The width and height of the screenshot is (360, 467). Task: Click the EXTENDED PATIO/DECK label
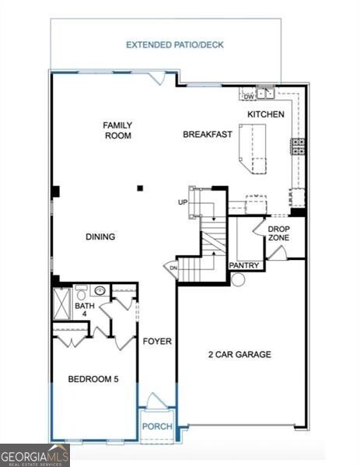(175, 45)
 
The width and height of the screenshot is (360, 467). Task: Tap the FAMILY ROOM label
(118, 130)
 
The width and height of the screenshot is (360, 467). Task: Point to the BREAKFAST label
(208, 135)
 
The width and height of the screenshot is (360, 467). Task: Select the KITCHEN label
(266, 114)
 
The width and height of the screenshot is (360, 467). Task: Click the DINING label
(101, 237)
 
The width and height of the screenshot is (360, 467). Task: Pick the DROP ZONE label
(279, 233)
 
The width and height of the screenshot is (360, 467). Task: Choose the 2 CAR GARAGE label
(239, 355)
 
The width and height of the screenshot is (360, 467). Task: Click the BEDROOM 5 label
(93, 380)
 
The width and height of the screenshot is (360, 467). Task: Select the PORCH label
(157, 427)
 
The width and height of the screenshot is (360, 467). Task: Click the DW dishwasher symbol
(249, 97)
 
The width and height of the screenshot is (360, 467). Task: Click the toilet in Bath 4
(81, 293)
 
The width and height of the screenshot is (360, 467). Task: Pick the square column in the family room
(140, 188)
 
